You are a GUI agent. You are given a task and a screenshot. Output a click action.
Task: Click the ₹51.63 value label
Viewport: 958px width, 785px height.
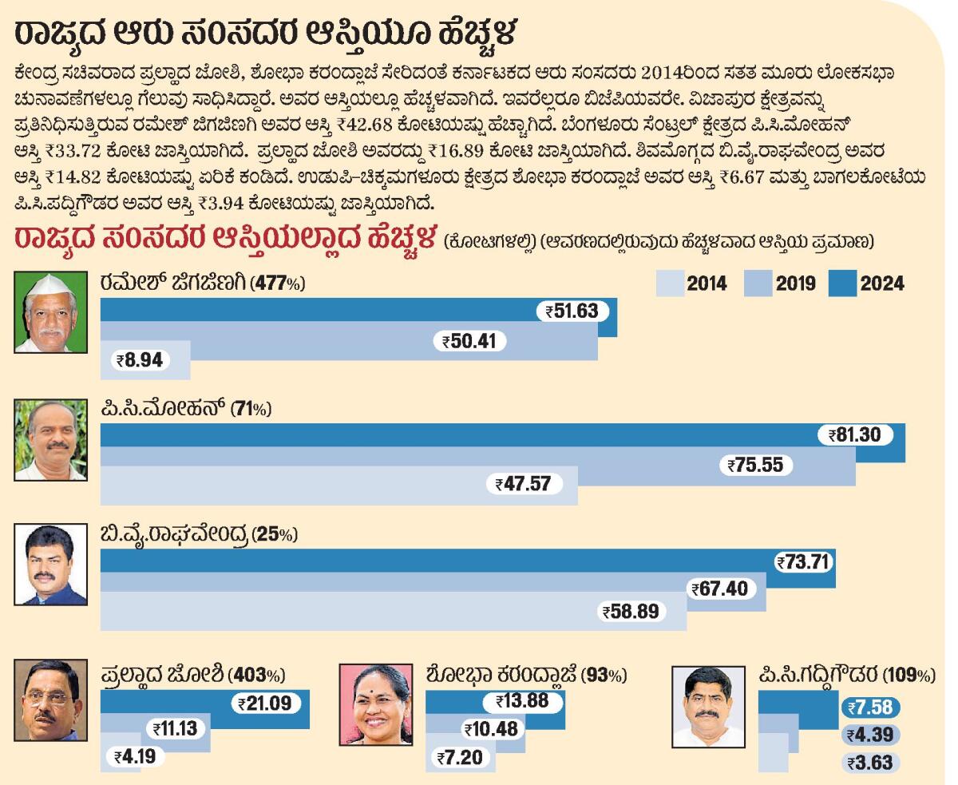tap(572, 311)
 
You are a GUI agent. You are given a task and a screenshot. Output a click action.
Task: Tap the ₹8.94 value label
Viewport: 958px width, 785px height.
tap(140, 360)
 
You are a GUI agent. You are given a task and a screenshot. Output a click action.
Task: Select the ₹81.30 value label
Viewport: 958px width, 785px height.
tap(854, 435)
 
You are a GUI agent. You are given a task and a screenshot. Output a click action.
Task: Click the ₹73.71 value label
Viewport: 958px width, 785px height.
tap(804, 562)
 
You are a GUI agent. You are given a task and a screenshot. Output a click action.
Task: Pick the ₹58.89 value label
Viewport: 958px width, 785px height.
tap(631, 612)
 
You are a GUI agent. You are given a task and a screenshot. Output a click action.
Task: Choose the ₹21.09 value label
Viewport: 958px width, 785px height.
tap(267, 704)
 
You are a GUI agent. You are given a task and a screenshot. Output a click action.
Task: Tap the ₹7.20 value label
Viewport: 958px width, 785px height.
tap(460, 757)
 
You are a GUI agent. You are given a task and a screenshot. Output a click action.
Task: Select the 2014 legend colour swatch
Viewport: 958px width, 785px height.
tap(671, 283)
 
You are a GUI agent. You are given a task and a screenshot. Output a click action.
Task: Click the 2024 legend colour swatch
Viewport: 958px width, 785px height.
tap(843, 283)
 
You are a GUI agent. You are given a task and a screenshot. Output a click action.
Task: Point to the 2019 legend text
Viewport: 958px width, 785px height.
tap(794, 283)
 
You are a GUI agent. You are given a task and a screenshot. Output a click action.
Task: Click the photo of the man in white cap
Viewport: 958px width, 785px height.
tap(50, 312)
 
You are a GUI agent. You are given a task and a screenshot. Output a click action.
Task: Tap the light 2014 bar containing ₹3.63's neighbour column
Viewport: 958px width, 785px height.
tap(767, 752)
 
